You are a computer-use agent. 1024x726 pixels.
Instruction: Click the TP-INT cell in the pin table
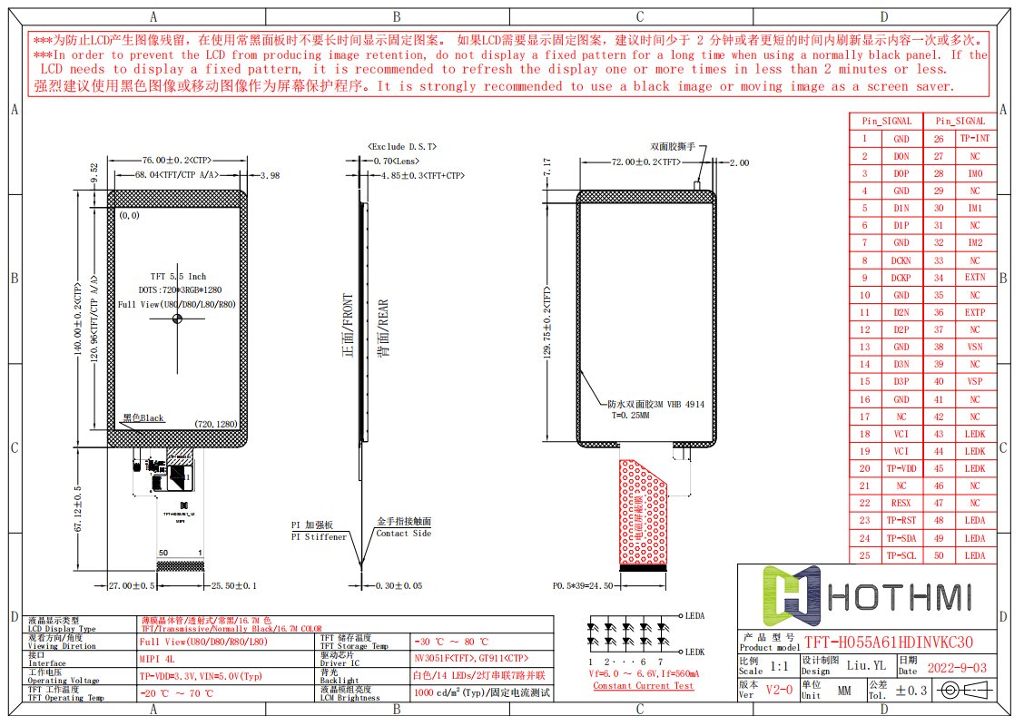974,139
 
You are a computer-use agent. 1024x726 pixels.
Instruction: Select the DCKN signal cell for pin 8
901,260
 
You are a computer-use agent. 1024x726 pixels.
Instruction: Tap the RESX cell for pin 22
901,503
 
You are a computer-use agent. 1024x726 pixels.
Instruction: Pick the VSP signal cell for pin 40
974,381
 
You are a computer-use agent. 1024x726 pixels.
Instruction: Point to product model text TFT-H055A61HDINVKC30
888,642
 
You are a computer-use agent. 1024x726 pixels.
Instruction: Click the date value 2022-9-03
956,668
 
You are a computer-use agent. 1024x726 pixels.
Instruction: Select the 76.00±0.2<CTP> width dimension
176,160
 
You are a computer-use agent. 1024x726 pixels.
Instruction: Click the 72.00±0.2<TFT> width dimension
645,162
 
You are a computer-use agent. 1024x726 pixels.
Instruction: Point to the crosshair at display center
176,329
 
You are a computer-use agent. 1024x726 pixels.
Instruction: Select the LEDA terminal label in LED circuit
694,615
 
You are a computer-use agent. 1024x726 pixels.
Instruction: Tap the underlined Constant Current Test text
643,686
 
